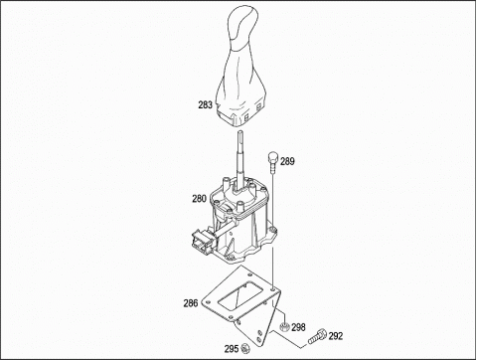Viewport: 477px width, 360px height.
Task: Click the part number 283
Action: pos(205,105)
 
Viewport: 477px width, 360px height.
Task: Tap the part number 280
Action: pos(199,199)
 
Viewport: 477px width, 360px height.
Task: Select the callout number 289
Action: pos(287,161)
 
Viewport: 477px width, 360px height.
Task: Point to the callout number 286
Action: pos(191,303)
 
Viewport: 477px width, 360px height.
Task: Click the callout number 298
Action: pos(298,327)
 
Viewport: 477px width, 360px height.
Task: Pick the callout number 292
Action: pos(336,336)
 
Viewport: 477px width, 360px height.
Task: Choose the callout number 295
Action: pos(232,349)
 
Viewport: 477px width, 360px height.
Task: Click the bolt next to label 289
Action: pos(273,162)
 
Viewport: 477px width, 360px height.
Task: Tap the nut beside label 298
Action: pos(284,327)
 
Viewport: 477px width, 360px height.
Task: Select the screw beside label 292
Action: pos(317,336)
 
